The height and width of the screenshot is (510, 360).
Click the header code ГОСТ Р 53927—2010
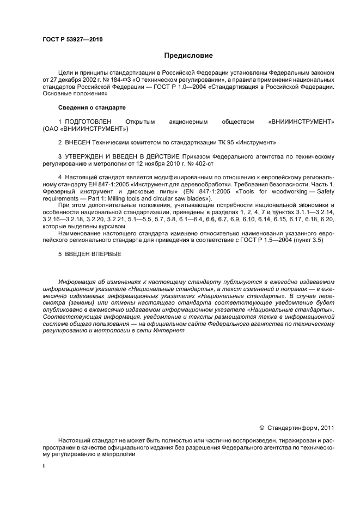72,40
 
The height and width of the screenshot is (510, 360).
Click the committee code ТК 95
224,142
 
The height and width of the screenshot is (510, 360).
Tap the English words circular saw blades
179,199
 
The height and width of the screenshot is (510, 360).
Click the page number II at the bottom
44,466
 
